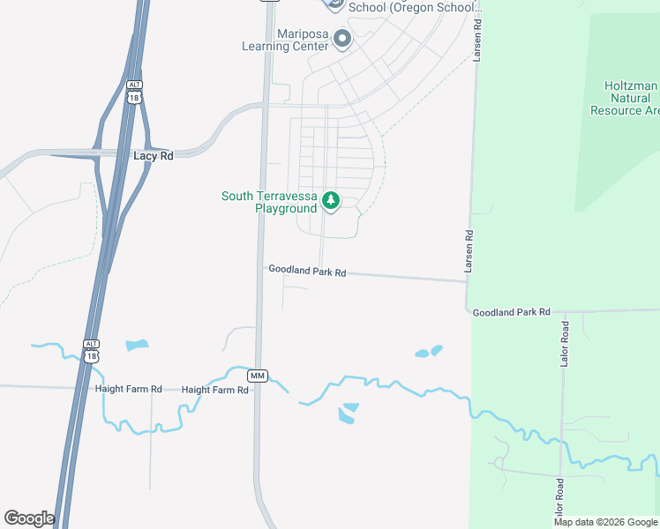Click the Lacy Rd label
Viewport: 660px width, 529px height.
[x=153, y=155]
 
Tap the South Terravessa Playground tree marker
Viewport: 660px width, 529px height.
[x=331, y=201]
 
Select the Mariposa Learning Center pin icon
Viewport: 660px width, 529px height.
[x=342, y=40]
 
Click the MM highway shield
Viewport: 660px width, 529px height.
[x=258, y=376]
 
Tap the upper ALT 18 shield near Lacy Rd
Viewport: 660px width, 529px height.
[x=133, y=93]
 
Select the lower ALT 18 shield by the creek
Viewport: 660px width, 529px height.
[x=91, y=351]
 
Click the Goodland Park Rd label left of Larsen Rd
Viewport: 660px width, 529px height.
[x=306, y=272]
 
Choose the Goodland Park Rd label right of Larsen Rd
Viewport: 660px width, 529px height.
[x=511, y=312]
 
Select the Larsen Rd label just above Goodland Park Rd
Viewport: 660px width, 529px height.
[x=469, y=250]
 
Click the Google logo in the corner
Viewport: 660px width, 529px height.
[x=29, y=518]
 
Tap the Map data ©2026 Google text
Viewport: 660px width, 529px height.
[x=605, y=522]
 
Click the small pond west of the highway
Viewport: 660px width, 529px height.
[x=137, y=345]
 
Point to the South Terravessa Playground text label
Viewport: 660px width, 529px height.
[x=268, y=202]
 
